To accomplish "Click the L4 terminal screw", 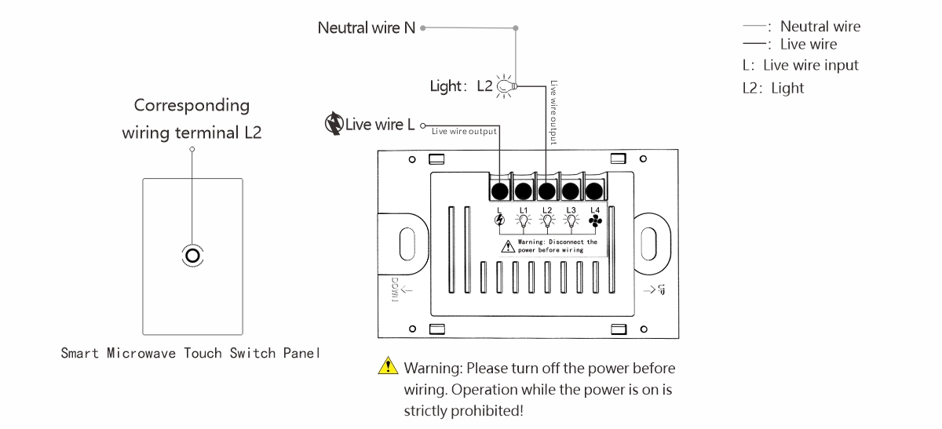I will point(594,191).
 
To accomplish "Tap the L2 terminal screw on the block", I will point(547,191).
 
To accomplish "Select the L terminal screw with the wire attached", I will point(499,191).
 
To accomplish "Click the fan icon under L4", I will point(594,222).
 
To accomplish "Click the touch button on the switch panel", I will point(192,255).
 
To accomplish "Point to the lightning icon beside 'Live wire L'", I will point(334,124).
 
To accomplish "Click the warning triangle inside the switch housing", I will point(509,245).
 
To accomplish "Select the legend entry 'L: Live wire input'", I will point(800,66).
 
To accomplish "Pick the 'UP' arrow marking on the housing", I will point(655,292).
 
